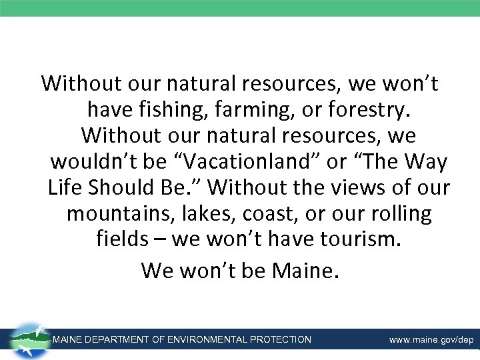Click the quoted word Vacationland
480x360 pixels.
pos(237,162)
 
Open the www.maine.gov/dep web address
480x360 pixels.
pos(431,340)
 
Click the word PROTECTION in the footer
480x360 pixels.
pos(281,339)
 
